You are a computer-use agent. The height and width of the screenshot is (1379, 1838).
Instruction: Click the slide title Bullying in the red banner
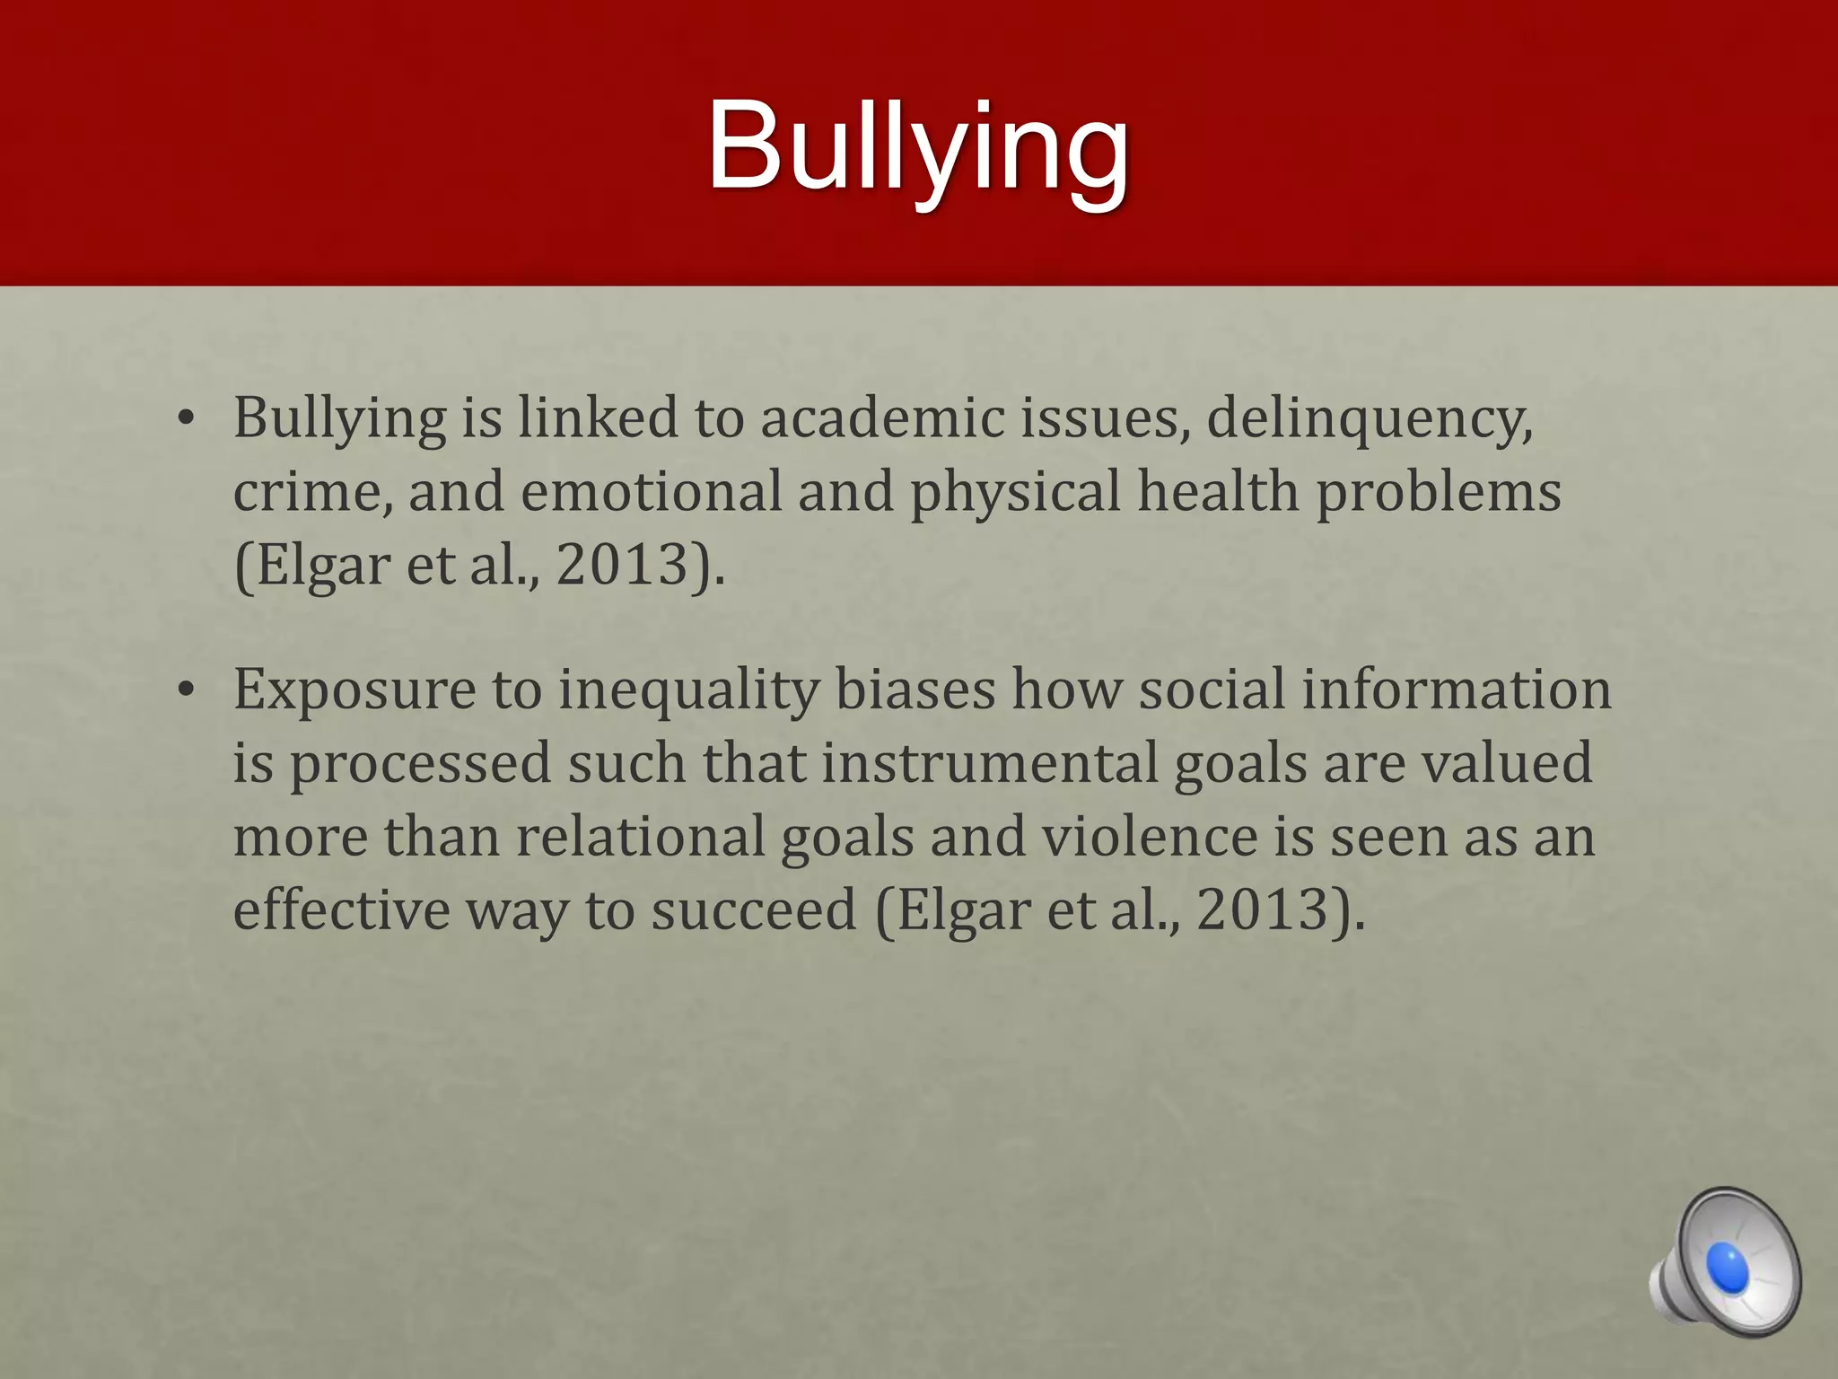click(x=917, y=148)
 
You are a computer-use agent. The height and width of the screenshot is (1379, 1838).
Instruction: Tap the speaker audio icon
click(x=1725, y=1261)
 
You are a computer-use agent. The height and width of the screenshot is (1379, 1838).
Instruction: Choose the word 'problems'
click(x=1439, y=494)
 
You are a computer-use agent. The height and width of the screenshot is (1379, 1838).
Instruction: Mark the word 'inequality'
click(x=689, y=693)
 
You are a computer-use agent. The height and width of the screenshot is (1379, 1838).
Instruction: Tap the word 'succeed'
click(x=754, y=909)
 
